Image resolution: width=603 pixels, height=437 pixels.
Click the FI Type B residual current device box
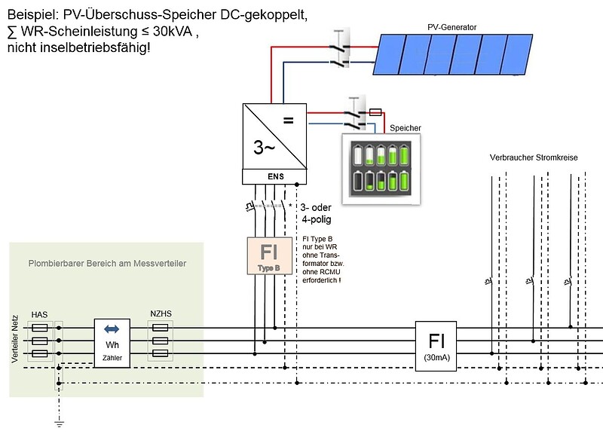pyautogui.click(x=269, y=255)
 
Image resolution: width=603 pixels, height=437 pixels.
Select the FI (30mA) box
pyautogui.click(x=436, y=346)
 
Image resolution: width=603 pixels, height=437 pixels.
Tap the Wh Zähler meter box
pyautogui.click(x=112, y=344)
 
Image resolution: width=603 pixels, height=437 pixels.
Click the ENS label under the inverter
pyautogui.click(x=276, y=176)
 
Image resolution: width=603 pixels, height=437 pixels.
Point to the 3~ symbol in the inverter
pyautogui.click(x=264, y=147)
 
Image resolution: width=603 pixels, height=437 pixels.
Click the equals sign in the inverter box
pyautogui.click(x=289, y=121)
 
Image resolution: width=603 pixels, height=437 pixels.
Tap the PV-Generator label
pyautogui.click(x=451, y=27)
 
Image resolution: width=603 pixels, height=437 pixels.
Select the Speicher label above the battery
pyautogui.click(x=406, y=128)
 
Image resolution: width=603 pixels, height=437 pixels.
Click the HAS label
pyautogui.click(x=40, y=315)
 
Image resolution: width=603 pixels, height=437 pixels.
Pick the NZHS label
pyautogui.click(x=161, y=313)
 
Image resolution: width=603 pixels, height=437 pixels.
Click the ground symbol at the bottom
pyautogui.click(x=59, y=423)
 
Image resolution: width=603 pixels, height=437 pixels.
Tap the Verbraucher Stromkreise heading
pyautogui.click(x=534, y=157)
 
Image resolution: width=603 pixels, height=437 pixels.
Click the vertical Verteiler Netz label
pyautogui.click(x=15, y=339)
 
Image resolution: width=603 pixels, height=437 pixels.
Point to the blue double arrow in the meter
pyautogui.click(x=112, y=329)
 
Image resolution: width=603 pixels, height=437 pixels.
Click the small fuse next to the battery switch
pyautogui.click(x=375, y=112)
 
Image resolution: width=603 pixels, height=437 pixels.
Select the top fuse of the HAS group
pyautogui.click(x=39, y=328)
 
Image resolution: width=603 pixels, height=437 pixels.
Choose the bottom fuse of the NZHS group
pyautogui.click(x=160, y=353)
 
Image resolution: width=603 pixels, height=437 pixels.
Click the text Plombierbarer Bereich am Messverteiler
pyautogui.click(x=107, y=264)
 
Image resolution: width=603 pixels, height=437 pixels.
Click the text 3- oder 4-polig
pyautogui.click(x=316, y=213)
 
